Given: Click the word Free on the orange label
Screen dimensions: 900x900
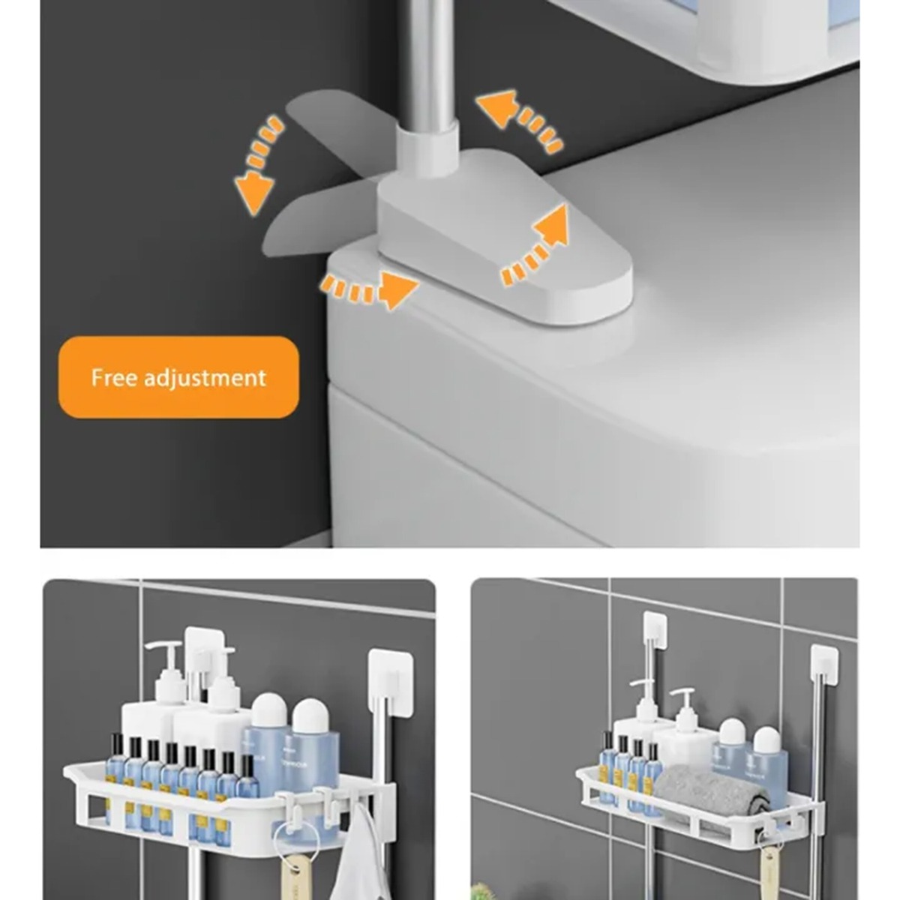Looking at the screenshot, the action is click(x=114, y=377).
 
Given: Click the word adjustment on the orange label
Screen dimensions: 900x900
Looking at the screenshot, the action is click(x=205, y=378).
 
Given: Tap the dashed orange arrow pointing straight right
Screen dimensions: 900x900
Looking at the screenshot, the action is click(x=369, y=289).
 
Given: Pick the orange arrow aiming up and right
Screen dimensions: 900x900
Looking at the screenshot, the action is click(x=537, y=247).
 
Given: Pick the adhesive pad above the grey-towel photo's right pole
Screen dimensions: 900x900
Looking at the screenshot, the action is click(x=824, y=664).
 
